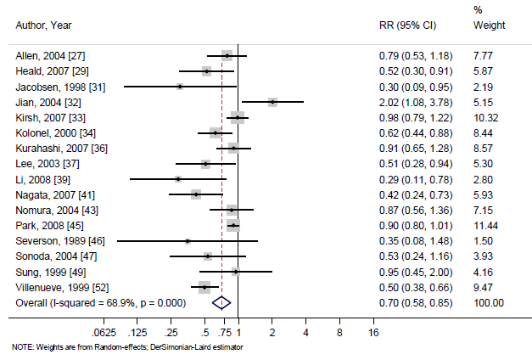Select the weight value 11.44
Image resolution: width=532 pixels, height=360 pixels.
486,226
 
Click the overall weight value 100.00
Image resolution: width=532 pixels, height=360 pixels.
489,302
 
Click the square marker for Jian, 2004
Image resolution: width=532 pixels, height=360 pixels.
272,102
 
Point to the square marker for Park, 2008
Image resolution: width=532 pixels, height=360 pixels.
232,226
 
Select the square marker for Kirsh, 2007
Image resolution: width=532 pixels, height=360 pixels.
237,117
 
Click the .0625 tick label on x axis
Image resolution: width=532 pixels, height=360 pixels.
104,333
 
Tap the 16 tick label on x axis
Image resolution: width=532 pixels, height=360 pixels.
372,333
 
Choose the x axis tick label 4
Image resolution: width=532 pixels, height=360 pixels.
305,333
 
